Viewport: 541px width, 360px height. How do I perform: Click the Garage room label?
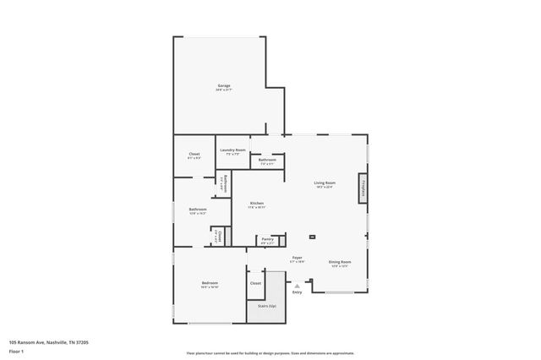[224, 85]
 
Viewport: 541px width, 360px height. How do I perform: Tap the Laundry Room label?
[232, 150]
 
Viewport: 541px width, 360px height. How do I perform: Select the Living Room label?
[325, 183]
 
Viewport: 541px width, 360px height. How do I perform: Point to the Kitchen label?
[257, 204]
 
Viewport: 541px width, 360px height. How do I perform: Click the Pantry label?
[267, 239]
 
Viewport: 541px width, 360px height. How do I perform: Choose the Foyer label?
[297, 258]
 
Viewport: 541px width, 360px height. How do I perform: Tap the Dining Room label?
[340, 262]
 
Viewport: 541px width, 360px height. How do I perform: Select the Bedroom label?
[210, 282]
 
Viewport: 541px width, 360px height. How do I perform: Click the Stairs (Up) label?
[267, 306]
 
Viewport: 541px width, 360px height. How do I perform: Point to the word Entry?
[297, 292]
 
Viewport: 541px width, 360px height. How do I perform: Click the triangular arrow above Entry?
[297, 286]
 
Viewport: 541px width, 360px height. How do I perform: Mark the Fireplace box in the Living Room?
[363, 188]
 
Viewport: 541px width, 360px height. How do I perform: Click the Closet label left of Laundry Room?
[194, 154]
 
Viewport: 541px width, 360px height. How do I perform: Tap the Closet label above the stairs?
[255, 283]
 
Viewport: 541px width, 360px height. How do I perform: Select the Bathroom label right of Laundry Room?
[267, 160]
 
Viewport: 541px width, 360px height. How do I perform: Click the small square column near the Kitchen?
[312, 237]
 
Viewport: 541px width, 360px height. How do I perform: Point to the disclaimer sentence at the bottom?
[270, 353]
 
